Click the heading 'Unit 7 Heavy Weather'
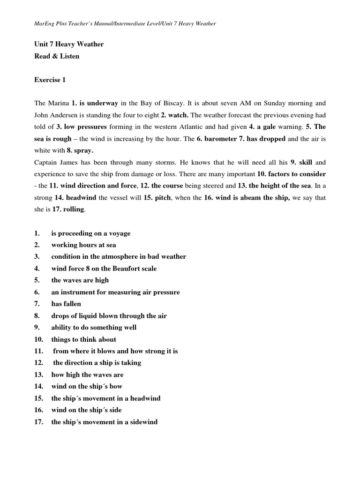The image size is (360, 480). pyautogui.click(x=69, y=45)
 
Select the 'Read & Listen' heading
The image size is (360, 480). pyautogui.click(x=57, y=56)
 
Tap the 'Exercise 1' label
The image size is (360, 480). pyautogui.click(x=50, y=80)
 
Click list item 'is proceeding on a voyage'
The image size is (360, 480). pyautogui.click(x=91, y=233)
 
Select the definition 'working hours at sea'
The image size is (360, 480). pyautogui.click(x=84, y=245)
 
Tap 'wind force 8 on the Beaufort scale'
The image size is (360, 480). pyautogui.click(x=104, y=269)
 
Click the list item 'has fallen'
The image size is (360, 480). pyautogui.click(x=66, y=304)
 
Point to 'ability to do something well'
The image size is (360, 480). pyautogui.click(x=94, y=328)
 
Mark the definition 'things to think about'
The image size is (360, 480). pyautogui.click(x=84, y=339)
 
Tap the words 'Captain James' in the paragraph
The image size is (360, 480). pyautogui.click(x=55, y=163)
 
